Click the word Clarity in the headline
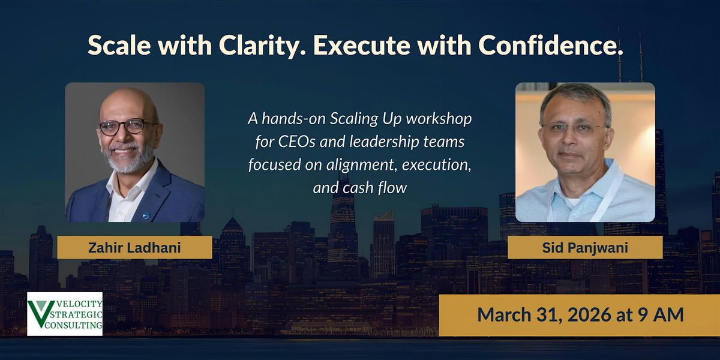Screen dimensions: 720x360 pos(261,46)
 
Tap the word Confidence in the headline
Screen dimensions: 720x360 pos(550,44)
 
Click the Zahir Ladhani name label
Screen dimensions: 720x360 pos(134,247)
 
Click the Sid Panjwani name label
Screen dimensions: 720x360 pos(585,247)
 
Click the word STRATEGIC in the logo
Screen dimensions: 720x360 pos(76,314)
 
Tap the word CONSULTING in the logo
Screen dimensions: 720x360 pos(74,325)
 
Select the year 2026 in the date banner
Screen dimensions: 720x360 pos(589,314)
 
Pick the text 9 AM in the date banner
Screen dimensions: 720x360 pos(661,314)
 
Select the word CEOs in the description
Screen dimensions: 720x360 pos(296,142)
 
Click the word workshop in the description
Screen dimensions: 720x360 pos(439,119)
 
